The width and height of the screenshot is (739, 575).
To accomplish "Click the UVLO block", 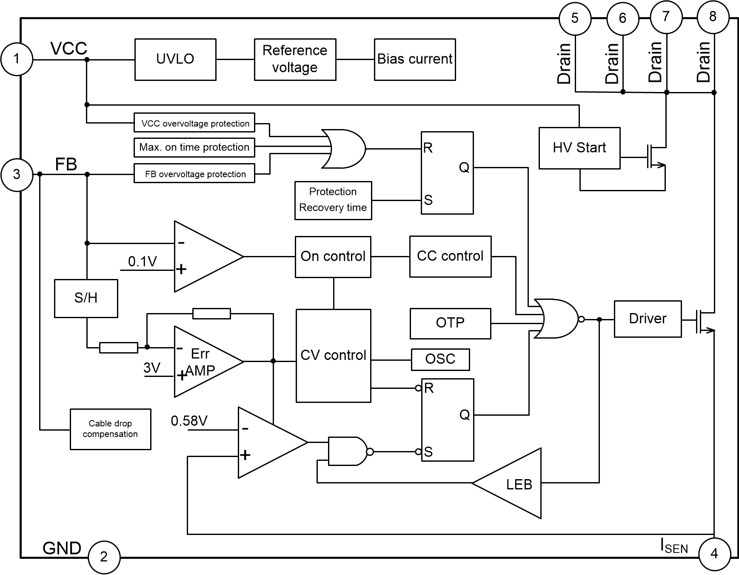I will coord(175,59).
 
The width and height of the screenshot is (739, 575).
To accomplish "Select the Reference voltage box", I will coord(295,59).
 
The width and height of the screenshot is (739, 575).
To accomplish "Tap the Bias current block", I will coord(415,59).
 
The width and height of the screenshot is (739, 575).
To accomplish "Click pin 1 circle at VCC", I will coord(17,59).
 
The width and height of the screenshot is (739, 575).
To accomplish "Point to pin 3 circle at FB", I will coord(17,174).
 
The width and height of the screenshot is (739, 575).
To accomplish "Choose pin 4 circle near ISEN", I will coord(714,554).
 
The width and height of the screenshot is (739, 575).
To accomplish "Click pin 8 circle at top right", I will coord(713,17).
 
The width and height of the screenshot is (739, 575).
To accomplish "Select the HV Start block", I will coord(579,148).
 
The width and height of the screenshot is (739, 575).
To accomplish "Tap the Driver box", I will coord(648,319).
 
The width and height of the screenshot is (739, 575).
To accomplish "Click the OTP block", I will coord(450,323).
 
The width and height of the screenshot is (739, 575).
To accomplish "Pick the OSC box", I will coord(440,359).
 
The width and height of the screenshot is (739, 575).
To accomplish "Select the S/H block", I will coord(86,298).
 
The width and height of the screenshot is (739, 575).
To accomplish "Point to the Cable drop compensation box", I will coord(110,429).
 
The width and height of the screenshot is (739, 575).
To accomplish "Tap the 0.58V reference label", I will coord(189,421).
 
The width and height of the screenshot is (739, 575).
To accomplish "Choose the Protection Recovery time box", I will coord(333,200).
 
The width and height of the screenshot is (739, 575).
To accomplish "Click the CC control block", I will coord(450,256).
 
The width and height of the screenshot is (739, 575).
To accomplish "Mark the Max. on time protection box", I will coord(194,147).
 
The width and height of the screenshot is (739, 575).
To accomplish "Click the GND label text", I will coord(62,548).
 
